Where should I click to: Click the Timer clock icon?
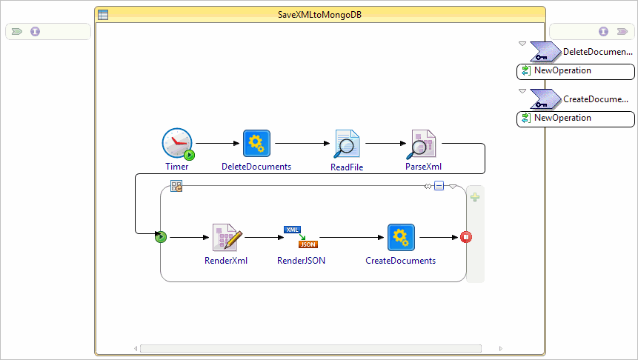tap(177, 143)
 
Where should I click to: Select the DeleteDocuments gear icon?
tap(256, 143)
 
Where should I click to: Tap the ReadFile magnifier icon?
tap(346, 144)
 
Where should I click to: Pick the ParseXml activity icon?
tap(421, 144)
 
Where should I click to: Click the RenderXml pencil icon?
tap(227, 237)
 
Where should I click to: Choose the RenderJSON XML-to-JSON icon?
tap(301, 237)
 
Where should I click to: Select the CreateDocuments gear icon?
tap(401, 237)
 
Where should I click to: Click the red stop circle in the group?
tap(466, 237)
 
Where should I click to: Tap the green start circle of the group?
tap(161, 237)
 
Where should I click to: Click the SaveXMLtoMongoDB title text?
tap(319, 14)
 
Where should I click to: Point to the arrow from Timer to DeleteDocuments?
tap(218, 143)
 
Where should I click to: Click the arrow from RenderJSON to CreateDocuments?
tap(352, 237)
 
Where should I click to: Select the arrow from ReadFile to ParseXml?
tap(385, 143)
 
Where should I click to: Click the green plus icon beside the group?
tap(475, 196)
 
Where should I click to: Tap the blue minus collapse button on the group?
tap(439, 186)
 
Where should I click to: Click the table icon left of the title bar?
tap(103, 14)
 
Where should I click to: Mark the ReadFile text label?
tap(346, 167)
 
